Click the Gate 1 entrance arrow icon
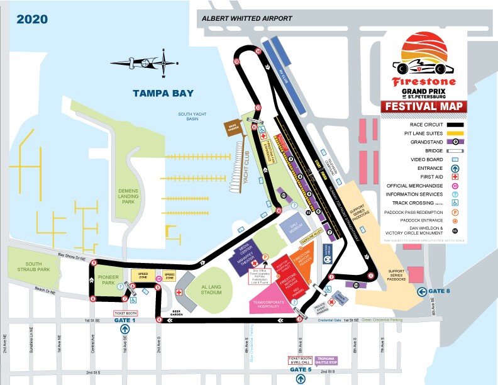126,328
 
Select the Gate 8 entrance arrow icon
422,291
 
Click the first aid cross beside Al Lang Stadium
179,293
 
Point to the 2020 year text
33,18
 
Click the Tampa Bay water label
163,93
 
